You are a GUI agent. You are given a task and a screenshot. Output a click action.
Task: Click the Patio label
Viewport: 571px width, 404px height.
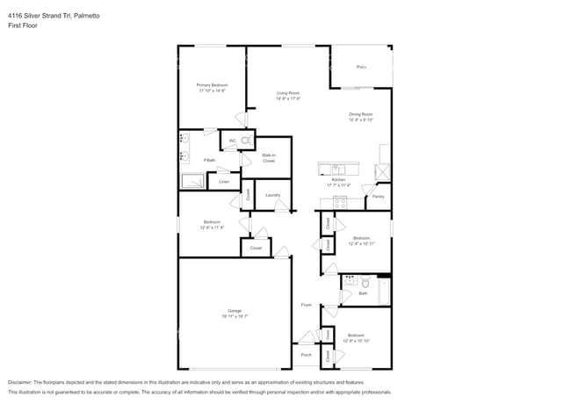[x=361, y=67]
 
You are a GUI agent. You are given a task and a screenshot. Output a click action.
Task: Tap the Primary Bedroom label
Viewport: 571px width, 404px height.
[x=212, y=85]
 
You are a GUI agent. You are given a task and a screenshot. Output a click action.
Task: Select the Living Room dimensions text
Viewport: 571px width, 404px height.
[x=288, y=98]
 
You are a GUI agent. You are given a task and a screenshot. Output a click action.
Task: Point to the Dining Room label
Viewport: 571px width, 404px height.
[x=361, y=114]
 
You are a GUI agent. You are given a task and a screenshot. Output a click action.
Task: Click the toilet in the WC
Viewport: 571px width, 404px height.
[x=248, y=140]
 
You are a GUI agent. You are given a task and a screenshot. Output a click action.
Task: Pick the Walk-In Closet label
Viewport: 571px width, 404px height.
[x=269, y=158]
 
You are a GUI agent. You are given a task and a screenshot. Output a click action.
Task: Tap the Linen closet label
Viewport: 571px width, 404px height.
[x=224, y=182]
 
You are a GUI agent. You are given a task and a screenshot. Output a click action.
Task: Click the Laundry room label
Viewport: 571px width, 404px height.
[x=272, y=195]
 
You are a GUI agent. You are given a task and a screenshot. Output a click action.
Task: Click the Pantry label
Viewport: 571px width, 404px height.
[x=378, y=197]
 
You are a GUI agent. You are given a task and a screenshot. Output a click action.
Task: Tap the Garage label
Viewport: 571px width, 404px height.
[x=235, y=311]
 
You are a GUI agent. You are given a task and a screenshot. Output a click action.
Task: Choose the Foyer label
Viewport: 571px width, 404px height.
[x=306, y=305]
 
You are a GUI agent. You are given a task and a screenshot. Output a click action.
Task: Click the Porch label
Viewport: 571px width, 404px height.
[x=306, y=355]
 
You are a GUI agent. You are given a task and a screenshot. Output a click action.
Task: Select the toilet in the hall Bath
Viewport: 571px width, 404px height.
[x=365, y=283]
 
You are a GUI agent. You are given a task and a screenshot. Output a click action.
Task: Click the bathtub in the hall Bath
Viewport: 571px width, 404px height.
[x=384, y=291]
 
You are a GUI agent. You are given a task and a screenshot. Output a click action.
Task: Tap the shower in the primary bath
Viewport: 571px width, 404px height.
[x=192, y=182]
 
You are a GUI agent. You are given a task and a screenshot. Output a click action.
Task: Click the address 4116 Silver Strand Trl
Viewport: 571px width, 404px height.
[x=44, y=14]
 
